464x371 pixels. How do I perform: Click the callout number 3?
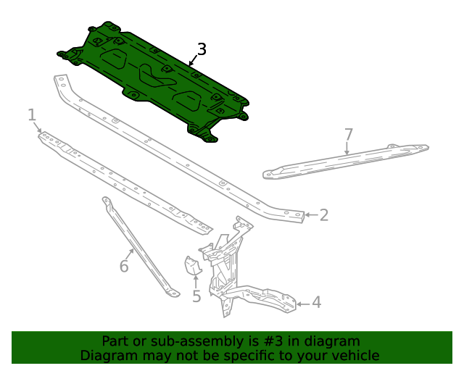tap(202, 49)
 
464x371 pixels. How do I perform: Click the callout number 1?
tap(32, 114)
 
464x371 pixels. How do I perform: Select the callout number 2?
tap(324, 214)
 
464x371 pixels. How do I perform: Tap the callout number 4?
tap(316, 303)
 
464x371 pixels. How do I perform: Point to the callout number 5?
tap(196, 296)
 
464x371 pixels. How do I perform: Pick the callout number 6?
tap(124, 267)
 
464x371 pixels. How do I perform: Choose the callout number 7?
tap(348, 134)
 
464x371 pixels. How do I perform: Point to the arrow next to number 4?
tap(303, 303)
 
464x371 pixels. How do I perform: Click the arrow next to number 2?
tap(310, 214)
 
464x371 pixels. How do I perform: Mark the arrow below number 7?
tap(347, 149)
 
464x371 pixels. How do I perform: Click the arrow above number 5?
tap(196, 280)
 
